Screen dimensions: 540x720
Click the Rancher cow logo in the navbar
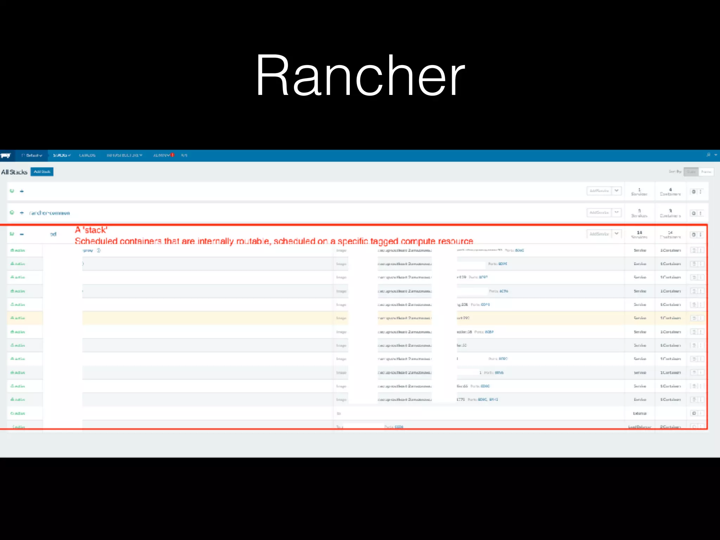[6, 155]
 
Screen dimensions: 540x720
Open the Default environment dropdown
[32, 155]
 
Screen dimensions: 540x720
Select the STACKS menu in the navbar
[62, 155]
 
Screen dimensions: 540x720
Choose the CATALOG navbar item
[87, 155]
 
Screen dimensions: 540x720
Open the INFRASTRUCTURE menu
[124, 155]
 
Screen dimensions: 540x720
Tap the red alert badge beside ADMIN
[173, 155]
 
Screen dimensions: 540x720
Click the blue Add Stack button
[42, 172]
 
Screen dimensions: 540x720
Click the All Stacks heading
[14, 172]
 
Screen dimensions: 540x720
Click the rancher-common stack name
[50, 213]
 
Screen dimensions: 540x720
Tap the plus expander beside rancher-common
[22, 213]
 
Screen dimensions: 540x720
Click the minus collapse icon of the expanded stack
[22, 234]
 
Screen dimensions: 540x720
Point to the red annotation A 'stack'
[91, 230]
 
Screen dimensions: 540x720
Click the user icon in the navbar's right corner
[708, 155]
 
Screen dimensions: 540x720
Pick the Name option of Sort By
[706, 172]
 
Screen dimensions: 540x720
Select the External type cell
[639, 413]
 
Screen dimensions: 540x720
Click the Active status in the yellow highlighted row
[18, 318]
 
